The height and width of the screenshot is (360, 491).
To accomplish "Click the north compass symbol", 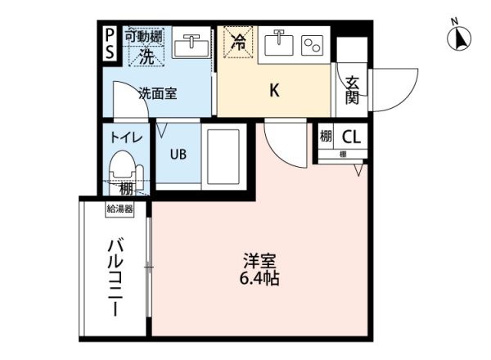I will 460,36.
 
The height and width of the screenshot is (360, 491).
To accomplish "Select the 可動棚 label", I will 143,35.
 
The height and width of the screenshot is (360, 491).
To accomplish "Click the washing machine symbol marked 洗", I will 145,56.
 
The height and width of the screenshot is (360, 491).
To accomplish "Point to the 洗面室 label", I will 157,94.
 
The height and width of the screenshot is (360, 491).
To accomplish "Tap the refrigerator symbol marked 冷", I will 240,38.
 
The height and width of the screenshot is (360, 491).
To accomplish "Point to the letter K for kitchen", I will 275,90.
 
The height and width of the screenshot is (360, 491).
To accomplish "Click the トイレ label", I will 126,138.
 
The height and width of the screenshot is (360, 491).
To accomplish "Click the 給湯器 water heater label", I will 119,209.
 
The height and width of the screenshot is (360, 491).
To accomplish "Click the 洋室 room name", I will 259,261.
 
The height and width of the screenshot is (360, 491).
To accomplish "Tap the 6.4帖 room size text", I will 259,281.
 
